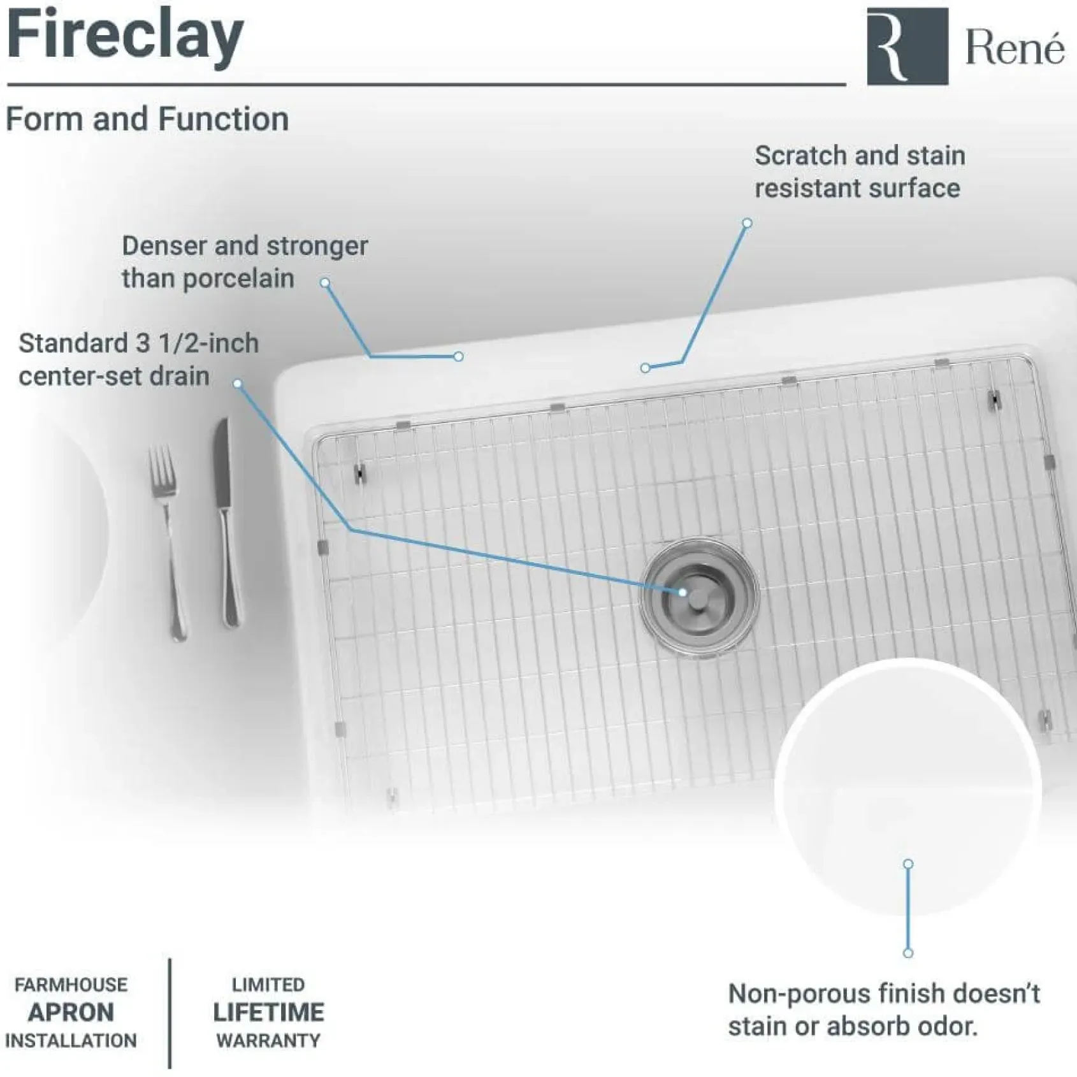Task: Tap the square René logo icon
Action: click(x=907, y=46)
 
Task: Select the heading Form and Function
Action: click(x=147, y=119)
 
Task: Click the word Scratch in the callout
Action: click(x=800, y=155)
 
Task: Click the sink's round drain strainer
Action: click(x=700, y=598)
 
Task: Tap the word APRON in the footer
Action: click(x=71, y=1012)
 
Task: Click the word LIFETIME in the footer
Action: click(x=268, y=1012)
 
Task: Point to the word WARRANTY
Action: click(x=268, y=1041)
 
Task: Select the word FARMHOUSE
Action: click(x=71, y=985)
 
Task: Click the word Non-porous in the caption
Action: click(x=800, y=994)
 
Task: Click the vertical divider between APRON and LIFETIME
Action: click(x=170, y=1013)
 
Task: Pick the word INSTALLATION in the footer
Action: click(x=71, y=1041)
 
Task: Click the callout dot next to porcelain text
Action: click(x=325, y=282)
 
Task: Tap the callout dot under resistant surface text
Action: click(x=747, y=223)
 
